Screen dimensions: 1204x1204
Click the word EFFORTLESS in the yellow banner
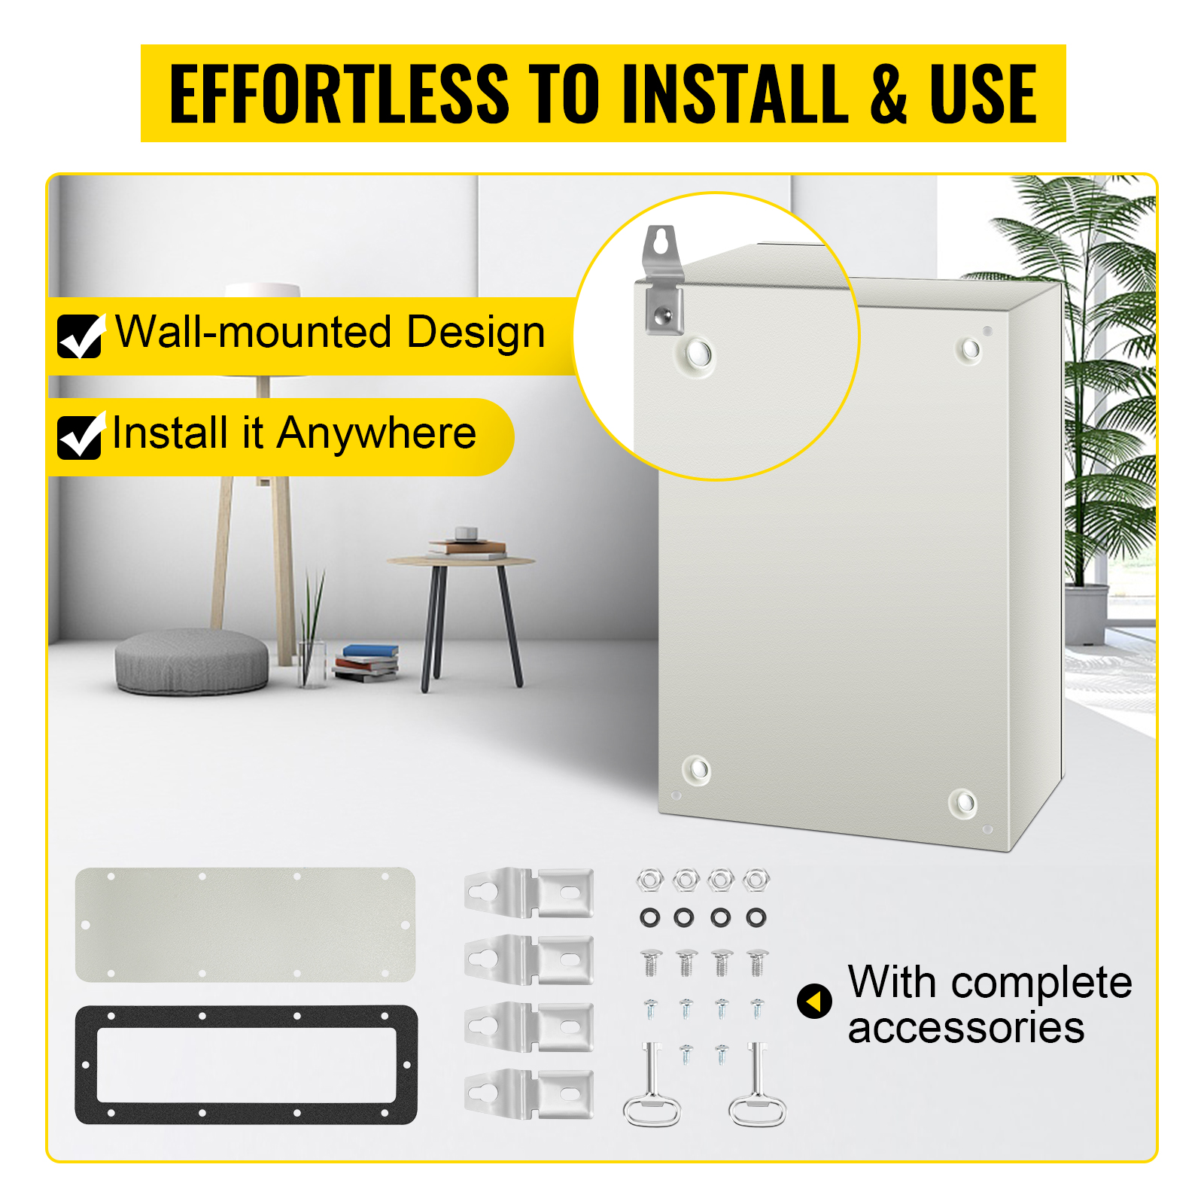pyautogui.click(x=339, y=93)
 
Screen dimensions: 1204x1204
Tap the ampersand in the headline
pyautogui.click(x=889, y=93)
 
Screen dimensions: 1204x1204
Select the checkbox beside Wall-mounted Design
pyautogui.click(x=80, y=336)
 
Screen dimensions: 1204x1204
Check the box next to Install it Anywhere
pyautogui.click(x=80, y=436)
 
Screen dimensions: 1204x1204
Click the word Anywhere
pyautogui.click(x=376, y=435)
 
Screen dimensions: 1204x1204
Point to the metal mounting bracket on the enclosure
pyautogui.click(x=663, y=280)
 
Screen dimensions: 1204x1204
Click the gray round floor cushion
pyautogui.click(x=191, y=661)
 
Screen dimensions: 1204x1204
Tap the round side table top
pyautogui.click(x=461, y=561)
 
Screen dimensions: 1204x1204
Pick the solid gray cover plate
pyautogui.click(x=245, y=925)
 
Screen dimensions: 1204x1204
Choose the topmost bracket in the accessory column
pyautogui.click(x=529, y=892)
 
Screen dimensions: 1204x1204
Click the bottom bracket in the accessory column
pyautogui.click(x=529, y=1093)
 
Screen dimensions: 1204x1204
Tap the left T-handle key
pyautogui.click(x=652, y=1084)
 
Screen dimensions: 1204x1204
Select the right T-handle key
pyautogui.click(x=757, y=1084)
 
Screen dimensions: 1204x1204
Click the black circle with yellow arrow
pyautogui.click(x=814, y=1002)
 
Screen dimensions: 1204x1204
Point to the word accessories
pyautogui.click(x=966, y=1028)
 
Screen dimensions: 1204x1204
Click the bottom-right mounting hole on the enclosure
pyautogui.click(x=963, y=803)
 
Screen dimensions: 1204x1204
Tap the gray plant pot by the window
pyautogui.click(x=1087, y=614)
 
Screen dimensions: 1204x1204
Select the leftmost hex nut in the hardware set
pyautogui.click(x=649, y=879)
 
